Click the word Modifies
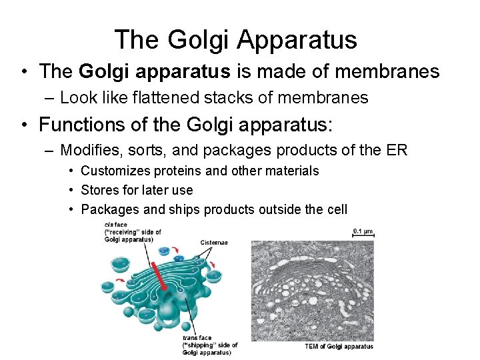[x=89, y=150]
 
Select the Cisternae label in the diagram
[x=214, y=242]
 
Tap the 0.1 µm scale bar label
[x=363, y=231]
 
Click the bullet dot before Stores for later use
[x=72, y=191]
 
